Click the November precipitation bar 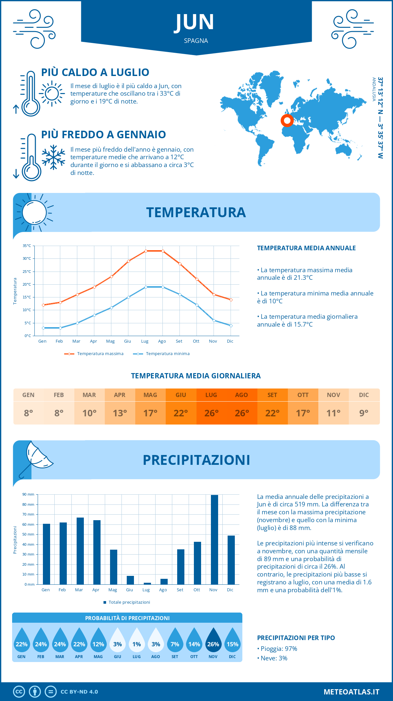point(214,540)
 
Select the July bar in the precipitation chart point(147,583)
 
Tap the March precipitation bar point(80,551)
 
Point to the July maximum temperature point point(146,251)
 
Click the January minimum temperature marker point(43,328)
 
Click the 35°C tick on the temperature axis point(27,246)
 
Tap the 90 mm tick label point(28,494)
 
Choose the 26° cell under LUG point(211,413)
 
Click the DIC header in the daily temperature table point(364,395)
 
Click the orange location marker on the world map point(287,121)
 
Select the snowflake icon point(53,157)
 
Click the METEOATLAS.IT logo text point(351,692)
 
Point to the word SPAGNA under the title point(196,41)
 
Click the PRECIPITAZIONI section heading point(196,460)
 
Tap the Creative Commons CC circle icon point(19,692)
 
